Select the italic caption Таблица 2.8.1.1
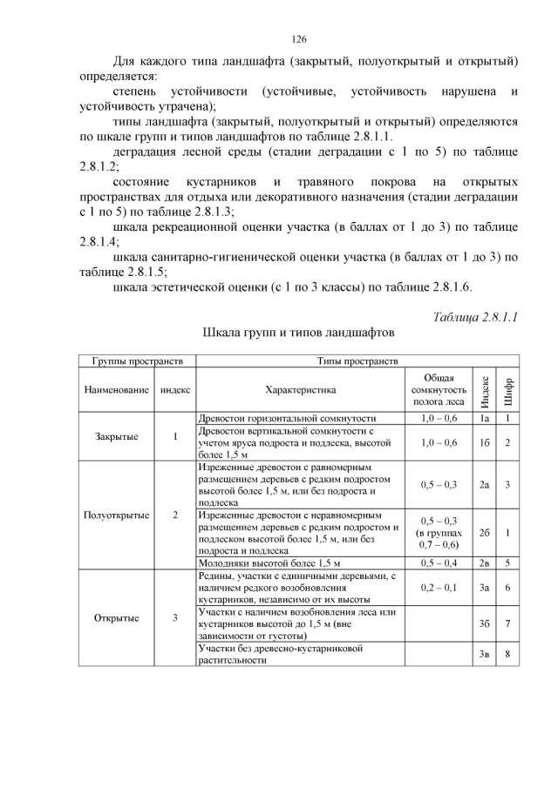[x=475, y=317]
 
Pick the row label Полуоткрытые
[x=117, y=515]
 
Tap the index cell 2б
[x=484, y=532]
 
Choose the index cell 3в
[x=484, y=655]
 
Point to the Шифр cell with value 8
[x=507, y=655]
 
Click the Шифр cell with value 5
[x=507, y=562]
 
